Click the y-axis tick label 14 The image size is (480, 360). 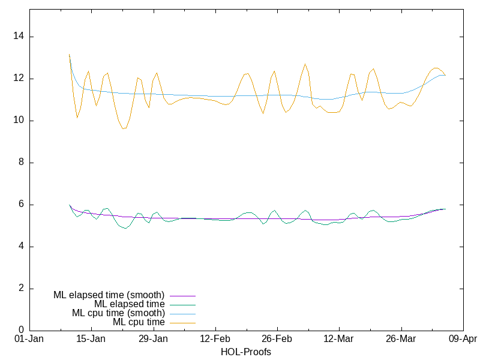(19, 37)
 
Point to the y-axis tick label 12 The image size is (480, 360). (19, 79)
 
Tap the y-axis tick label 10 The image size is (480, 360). (19, 121)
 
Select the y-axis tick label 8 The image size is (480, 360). (21, 163)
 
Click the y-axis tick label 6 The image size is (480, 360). (21, 205)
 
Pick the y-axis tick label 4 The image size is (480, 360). (21, 247)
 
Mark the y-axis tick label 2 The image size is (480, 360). (21, 289)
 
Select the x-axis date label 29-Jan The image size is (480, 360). (153, 339)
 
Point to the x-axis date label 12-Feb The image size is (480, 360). (215, 339)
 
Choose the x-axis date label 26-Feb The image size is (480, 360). (277, 339)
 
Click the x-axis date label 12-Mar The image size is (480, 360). (339, 339)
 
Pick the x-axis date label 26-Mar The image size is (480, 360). (401, 339)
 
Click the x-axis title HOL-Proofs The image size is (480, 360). (246, 352)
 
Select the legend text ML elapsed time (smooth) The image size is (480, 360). (109, 295)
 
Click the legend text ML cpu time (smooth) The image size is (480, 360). (118, 313)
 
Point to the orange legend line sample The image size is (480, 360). (182, 323)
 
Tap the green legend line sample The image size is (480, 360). (182, 305)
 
